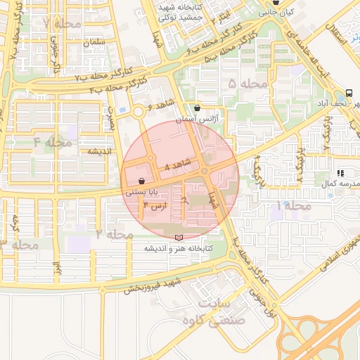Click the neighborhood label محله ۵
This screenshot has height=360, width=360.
(x=248, y=84)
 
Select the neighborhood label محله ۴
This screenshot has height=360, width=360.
(x=53, y=143)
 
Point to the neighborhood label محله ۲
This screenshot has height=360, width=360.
(x=115, y=233)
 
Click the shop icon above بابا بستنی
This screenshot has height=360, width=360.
(x=142, y=180)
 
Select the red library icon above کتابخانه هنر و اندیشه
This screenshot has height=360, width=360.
(x=178, y=238)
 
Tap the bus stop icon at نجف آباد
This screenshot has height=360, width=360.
(x=349, y=94)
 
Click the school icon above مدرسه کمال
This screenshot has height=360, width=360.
(x=340, y=172)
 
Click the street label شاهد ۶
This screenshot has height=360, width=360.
(x=161, y=105)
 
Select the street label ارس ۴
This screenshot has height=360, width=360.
(x=154, y=206)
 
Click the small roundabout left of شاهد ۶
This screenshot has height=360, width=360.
(x=139, y=111)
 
